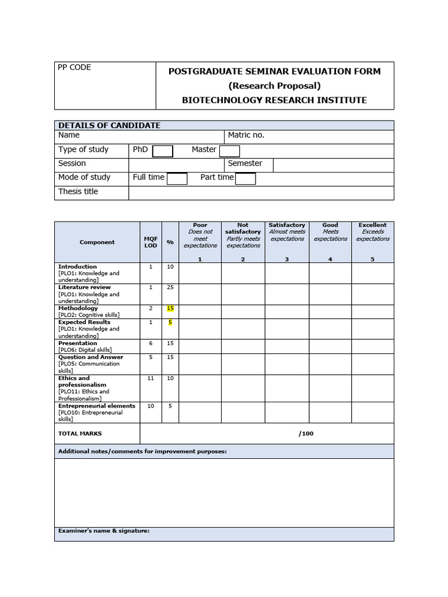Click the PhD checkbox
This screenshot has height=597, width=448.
click(x=163, y=152)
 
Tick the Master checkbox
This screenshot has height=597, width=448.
click(x=229, y=152)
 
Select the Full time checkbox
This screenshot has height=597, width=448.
click(x=177, y=179)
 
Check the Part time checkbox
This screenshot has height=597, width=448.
click(x=245, y=179)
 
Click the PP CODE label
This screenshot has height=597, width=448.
click(x=74, y=68)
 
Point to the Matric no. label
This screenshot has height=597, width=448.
click(x=246, y=135)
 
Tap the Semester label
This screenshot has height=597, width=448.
click(x=244, y=164)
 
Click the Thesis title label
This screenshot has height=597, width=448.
click(x=78, y=192)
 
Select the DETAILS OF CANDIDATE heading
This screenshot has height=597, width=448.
click(x=109, y=125)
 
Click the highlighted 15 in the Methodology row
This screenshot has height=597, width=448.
click(x=170, y=308)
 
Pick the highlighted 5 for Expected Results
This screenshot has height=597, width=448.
click(x=170, y=322)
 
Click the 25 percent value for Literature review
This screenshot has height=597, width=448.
click(x=170, y=287)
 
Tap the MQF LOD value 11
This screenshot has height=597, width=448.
click(x=150, y=378)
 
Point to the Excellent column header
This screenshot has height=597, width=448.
click(x=373, y=225)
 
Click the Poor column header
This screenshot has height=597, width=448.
click(x=200, y=225)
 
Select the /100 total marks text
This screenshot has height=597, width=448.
click(x=306, y=434)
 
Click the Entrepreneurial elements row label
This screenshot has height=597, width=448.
click(x=96, y=406)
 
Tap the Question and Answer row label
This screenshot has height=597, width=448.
click(x=90, y=357)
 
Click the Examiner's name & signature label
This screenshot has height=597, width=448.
click(x=104, y=531)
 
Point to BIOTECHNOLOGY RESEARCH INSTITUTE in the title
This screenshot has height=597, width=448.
click(x=274, y=100)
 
